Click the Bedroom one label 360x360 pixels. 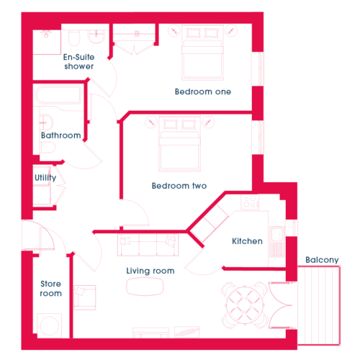point(203,91)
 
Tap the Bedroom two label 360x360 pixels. point(179,186)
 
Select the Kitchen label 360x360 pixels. point(247,241)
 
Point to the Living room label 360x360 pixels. point(150,271)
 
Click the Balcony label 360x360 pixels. point(322,260)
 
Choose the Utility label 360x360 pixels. point(45,178)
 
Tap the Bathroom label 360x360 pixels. point(61,135)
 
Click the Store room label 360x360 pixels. point(50,289)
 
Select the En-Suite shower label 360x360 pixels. point(79,62)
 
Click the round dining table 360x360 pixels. point(245,305)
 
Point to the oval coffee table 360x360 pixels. point(145,287)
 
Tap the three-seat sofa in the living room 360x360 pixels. point(148,245)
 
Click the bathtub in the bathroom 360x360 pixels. point(58,94)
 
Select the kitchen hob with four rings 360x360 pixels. point(250,202)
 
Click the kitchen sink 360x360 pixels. point(276,234)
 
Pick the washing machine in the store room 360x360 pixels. point(50,325)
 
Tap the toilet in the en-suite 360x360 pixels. point(74,38)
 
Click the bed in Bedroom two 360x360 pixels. point(179,144)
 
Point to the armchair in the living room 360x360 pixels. point(84,297)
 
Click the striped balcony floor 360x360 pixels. point(319,305)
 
